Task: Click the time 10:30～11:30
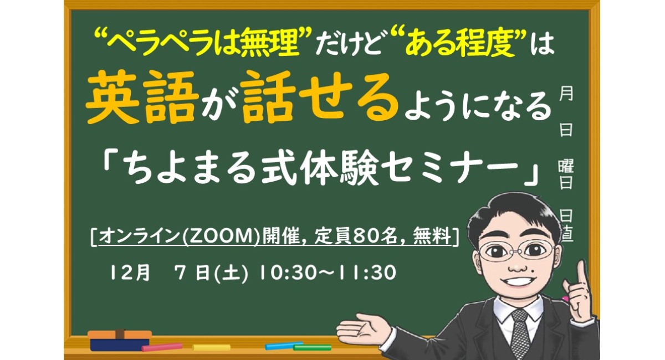pyautogui.click(x=327, y=273)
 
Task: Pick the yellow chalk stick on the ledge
pyautogui.click(x=211, y=347)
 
